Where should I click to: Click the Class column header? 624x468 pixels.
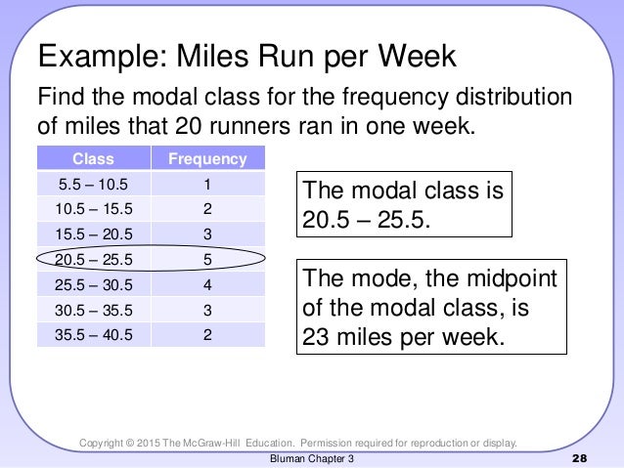tap(93, 158)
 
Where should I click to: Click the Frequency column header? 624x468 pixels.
tap(207, 158)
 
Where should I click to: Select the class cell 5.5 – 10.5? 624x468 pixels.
tap(93, 184)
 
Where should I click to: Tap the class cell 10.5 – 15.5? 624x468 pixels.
tap(93, 209)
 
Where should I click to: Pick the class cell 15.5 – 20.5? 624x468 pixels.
tap(93, 234)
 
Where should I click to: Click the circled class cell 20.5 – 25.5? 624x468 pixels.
tap(93, 260)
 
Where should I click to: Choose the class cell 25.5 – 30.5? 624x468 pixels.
tap(93, 285)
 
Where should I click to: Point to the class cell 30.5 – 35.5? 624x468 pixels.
tap(93, 311)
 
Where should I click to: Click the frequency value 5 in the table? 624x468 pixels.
tap(207, 260)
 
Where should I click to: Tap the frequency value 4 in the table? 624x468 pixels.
tap(207, 285)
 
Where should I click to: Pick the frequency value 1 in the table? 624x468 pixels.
tap(207, 184)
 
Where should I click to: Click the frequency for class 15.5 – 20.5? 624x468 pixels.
tap(207, 234)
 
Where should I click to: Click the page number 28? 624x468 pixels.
tap(578, 458)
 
